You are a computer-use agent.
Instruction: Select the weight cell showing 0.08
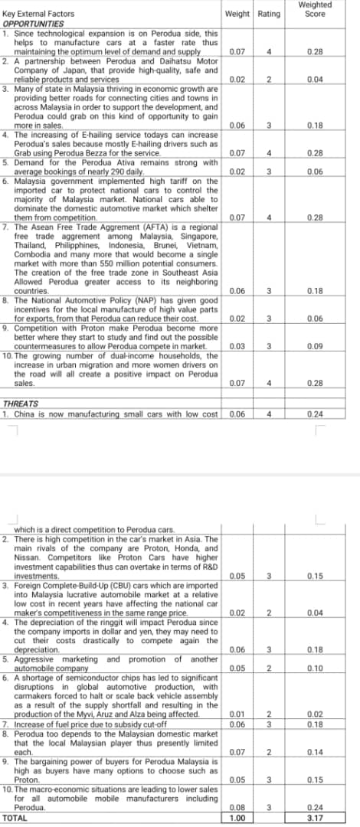[237, 807]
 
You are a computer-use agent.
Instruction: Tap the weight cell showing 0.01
[237, 714]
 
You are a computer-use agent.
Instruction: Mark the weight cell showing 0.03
[237, 346]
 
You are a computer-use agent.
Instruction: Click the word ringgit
[114, 623]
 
